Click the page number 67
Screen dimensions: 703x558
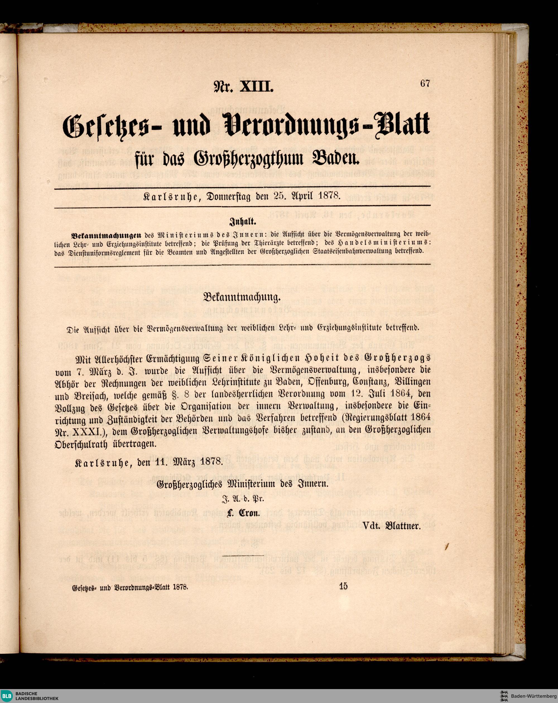[425, 83]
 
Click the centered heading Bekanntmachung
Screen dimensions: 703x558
[242, 297]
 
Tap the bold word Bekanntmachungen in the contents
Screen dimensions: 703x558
[106, 234]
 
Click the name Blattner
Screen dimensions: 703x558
[403, 526]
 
